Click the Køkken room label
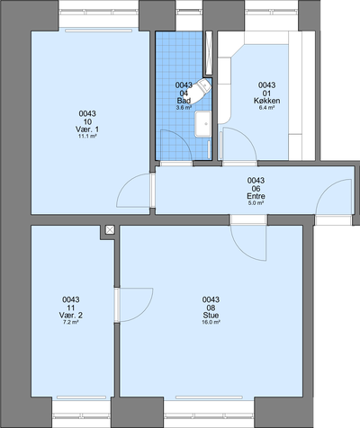(267, 101)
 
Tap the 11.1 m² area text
(87, 136)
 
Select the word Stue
(211, 316)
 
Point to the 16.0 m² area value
(211, 322)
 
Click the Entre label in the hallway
(256, 196)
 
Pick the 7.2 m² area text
(71, 322)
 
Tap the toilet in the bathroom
(199, 90)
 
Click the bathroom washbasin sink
(203, 124)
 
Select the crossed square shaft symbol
(110, 230)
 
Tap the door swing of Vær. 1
(126, 183)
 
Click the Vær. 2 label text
(71, 316)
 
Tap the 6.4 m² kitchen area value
(267, 107)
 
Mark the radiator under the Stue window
(209, 397)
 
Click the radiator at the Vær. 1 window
(99, 31)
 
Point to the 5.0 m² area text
(256, 203)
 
